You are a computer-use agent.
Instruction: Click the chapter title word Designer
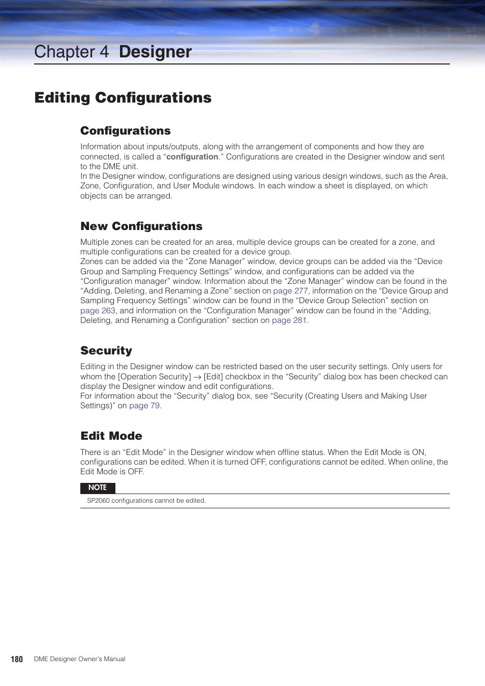(155, 52)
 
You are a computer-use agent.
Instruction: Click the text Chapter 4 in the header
(71, 52)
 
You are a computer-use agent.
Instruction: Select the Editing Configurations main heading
(123, 97)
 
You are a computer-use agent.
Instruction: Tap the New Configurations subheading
(141, 226)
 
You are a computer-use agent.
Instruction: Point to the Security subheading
(106, 351)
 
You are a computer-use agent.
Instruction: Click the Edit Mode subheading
(111, 436)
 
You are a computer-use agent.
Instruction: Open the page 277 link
(290, 291)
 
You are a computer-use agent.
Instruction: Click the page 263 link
(98, 311)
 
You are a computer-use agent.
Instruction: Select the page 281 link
(289, 320)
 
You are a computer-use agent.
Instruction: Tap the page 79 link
(144, 406)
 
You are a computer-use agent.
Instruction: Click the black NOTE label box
(98, 487)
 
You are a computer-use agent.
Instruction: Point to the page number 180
(17, 659)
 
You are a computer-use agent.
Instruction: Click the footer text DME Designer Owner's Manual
(79, 659)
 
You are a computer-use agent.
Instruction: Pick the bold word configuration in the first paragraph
(192, 157)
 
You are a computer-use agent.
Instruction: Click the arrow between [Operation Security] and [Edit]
(197, 377)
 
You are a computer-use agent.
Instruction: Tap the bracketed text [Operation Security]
(155, 377)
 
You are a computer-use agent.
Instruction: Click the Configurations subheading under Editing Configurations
(126, 131)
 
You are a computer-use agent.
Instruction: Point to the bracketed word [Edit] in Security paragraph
(214, 377)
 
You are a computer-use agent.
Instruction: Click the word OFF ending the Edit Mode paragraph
(136, 472)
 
